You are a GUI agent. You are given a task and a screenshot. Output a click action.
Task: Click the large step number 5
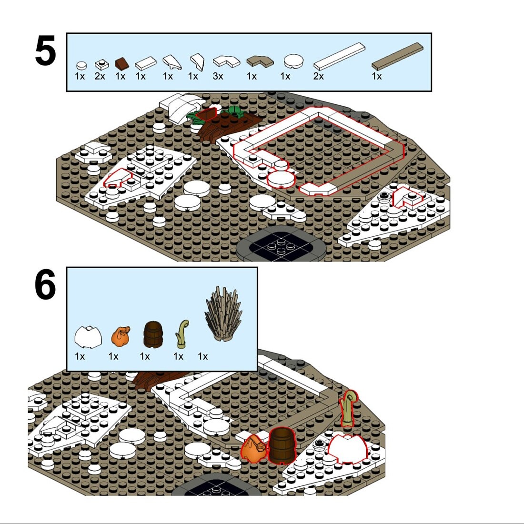pos(45,51)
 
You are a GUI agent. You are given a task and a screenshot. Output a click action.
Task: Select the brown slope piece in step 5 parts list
pos(121,63)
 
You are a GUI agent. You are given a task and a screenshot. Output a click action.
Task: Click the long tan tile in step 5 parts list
pos(398,56)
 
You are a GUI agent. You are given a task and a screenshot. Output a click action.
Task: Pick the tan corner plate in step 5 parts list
pos(260,61)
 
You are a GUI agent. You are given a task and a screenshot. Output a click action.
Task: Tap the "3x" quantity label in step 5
pos(218,77)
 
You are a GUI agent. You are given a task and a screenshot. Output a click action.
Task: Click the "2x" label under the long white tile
pos(319,77)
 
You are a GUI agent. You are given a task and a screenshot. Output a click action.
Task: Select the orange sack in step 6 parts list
pos(121,337)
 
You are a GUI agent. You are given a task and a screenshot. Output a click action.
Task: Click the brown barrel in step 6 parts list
pos(153,334)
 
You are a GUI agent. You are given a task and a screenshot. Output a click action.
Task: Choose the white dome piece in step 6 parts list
pos(88,337)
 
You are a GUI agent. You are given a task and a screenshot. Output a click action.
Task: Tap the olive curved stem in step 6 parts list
pos(182,333)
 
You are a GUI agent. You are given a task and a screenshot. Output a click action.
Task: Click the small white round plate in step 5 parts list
pos(81,65)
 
